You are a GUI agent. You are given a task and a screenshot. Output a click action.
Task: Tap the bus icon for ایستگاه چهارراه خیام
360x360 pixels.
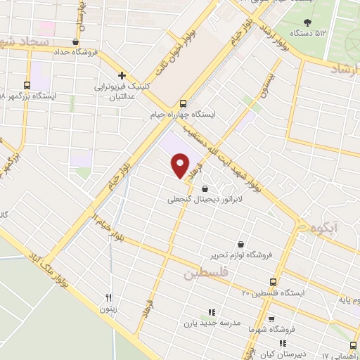pos(184,102)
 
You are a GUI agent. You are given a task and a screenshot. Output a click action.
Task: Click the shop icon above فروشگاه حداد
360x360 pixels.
pos(75,41)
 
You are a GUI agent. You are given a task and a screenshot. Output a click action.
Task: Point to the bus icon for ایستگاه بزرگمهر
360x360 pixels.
pos(27,84)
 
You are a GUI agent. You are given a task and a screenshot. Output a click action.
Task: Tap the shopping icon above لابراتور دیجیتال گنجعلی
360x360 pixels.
pos(205,188)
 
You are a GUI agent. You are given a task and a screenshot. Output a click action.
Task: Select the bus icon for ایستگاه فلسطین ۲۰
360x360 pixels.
pos(276,282)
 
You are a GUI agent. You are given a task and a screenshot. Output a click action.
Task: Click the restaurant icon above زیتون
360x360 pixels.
pos(108,297)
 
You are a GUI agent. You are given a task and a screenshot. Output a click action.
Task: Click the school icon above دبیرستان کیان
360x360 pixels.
pos(282,343)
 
